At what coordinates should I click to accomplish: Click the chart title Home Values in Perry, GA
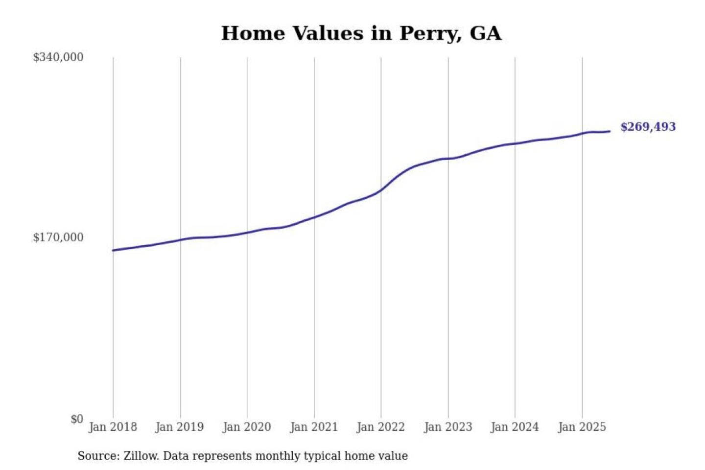[361, 33]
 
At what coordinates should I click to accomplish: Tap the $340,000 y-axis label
[58, 57]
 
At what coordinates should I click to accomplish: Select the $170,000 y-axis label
[58, 237]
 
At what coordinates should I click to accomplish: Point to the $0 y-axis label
[77, 419]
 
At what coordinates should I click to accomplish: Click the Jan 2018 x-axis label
[113, 427]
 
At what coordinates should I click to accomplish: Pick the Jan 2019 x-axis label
[180, 427]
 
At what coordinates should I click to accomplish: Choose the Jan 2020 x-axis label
[247, 427]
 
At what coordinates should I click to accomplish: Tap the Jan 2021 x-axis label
[314, 427]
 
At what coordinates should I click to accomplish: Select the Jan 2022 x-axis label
[381, 427]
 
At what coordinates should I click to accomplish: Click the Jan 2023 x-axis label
[448, 427]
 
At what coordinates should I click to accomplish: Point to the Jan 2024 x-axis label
[515, 427]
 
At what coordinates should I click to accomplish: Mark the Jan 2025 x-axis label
[582, 427]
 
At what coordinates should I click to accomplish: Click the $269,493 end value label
[648, 127]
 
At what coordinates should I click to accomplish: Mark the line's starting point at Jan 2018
[113, 250]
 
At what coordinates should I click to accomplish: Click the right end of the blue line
[610, 131]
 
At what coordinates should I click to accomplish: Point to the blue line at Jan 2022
[381, 190]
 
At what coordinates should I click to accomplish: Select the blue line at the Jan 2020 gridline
[247, 232]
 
